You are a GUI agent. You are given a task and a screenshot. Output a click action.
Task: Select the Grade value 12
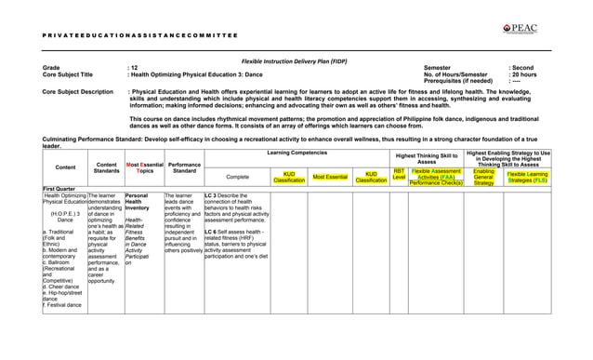coord(133,68)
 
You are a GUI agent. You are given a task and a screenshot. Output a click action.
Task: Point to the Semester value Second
coord(521,68)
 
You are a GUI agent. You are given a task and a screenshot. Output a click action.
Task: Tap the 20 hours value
coord(522,74)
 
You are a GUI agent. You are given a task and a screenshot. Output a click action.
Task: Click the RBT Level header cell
coord(399,176)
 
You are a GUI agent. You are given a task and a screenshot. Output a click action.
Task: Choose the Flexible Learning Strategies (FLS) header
coord(528,177)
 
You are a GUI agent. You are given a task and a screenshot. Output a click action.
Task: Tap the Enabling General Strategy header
coord(483,177)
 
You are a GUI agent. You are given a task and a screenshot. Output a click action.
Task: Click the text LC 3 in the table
coord(212,196)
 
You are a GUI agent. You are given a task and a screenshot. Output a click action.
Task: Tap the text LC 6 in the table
coord(212,231)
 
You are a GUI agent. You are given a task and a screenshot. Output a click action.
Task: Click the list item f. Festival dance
coord(64,306)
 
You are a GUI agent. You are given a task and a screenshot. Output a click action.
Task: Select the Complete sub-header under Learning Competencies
coord(238,177)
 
